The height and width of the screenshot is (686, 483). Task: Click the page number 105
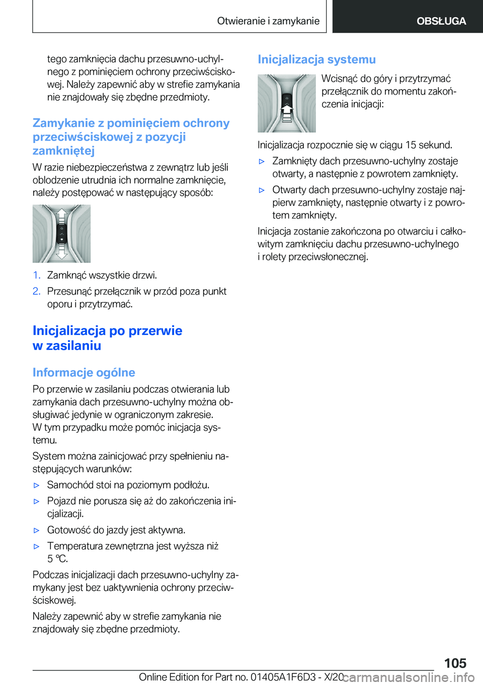pyautogui.click(x=455, y=663)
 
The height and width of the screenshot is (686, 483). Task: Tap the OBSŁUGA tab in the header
pyautogui.click(x=441, y=21)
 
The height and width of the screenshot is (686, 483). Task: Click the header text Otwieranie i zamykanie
pyautogui.click(x=268, y=21)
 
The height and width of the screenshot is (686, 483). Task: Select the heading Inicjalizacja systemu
pyautogui.click(x=316, y=59)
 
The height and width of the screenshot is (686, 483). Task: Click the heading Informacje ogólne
pyautogui.click(x=84, y=372)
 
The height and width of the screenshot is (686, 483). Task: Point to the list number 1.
pyautogui.click(x=36, y=275)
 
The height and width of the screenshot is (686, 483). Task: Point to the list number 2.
pyautogui.click(x=36, y=291)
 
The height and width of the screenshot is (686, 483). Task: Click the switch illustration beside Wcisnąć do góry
pyautogui.click(x=286, y=103)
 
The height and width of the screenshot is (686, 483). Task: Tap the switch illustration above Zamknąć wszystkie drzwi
pyautogui.click(x=61, y=233)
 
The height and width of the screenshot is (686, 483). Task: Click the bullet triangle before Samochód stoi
pyautogui.click(x=36, y=486)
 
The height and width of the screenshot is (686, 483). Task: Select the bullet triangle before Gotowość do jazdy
pyautogui.click(x=36, y=530)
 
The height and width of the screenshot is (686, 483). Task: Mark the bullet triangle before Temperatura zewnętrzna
pyautogui.click(x=36, y=546)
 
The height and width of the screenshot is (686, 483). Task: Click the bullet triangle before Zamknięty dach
pyautogui.click(x=262, y=162)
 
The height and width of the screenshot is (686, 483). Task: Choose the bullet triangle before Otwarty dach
pyautogui.click(x=262, y=190)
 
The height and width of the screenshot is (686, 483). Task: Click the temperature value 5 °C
pyautogui.click(x=57, y=559)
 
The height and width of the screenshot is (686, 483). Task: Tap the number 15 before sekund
pyautogui.click(x=411, y=145)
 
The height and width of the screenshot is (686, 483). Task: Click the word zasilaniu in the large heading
pyautogui.click(x=73, y=346)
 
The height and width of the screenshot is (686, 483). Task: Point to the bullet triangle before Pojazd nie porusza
pyautogui.click(x=36, y=502)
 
